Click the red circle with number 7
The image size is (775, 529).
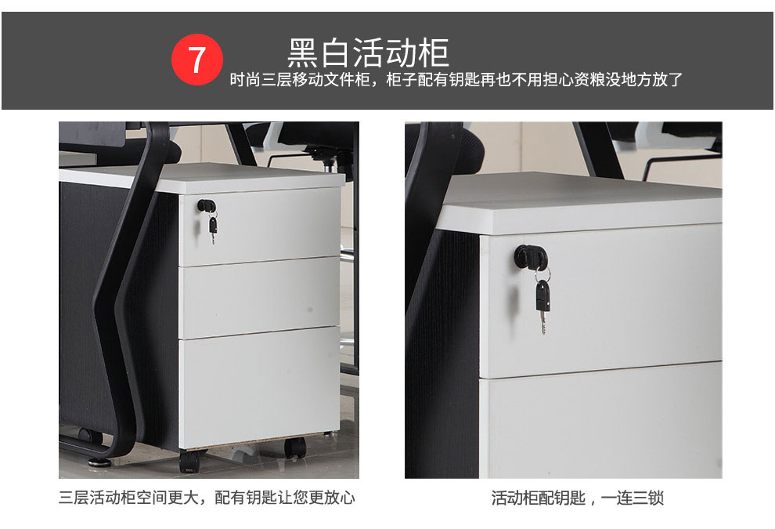tap(196, 60)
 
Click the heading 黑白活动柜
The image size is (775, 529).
tap(368, 53)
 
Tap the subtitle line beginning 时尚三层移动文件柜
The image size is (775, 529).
tap(456, 79)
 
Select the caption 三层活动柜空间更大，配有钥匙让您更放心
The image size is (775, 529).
tap(207, 498)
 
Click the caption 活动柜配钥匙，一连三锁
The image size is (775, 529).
tap(577, 498)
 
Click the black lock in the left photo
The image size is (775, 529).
tap(207, 205)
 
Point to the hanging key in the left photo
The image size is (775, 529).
tap(212, 229)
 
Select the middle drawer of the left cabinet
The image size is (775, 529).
tap(259, 297)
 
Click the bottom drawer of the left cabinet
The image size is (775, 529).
tap(259, 387)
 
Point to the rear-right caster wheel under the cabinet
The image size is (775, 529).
tap(295, 447)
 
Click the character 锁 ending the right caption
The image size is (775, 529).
tap(655, 498)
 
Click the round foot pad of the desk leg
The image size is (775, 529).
tap(99, 462)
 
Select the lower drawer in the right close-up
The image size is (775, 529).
tap(600, 421)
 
